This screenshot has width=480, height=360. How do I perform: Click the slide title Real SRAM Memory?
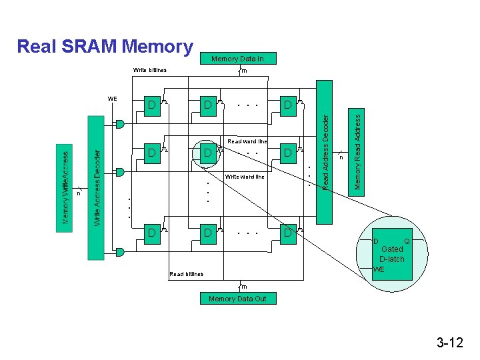pos(105,47)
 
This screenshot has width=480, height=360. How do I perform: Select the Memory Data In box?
pos(237,59)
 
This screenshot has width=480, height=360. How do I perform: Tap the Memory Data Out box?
pos(237,299)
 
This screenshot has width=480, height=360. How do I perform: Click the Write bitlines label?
pos(150,70)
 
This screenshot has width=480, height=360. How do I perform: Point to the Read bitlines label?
pos(187,274)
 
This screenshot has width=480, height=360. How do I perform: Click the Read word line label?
pos(247,141)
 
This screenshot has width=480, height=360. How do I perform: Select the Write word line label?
pos(245,177)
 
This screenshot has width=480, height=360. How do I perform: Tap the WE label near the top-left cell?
pos(113,99)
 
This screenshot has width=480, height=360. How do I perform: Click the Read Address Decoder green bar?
pos(324,152)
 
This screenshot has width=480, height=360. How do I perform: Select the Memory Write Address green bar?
pos(65,187)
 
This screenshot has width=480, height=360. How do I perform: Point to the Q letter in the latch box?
pos(407,241)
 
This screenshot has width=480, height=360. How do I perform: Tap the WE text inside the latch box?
pos(379,269)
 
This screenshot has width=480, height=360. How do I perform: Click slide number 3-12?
pos(450,343)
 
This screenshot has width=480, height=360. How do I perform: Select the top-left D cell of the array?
pos(153,105)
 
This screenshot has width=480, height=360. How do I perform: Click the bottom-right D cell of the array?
pos(288,233)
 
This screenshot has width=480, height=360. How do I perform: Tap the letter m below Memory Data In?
pos(244,71)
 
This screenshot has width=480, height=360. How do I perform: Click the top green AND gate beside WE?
pos(120,123)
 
